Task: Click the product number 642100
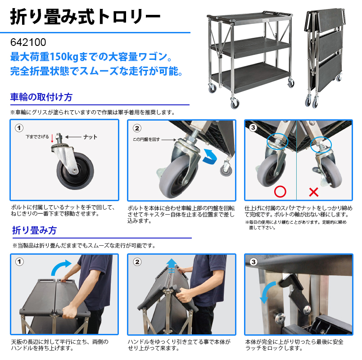[28, 42]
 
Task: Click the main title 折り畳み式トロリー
[85, 17]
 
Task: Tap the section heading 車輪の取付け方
[41, 97]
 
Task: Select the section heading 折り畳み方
[34, 230]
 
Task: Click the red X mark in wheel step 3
[313, 192]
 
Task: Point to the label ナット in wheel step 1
[90, 137]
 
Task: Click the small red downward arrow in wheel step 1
[52, 138]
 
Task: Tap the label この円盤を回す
[146, 139]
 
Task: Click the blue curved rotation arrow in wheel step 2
[210, 156]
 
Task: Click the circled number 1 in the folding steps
[19, 262]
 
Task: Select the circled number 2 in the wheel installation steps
[137, 128]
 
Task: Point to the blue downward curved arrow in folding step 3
[266, 292]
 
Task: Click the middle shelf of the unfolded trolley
[250, 47]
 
